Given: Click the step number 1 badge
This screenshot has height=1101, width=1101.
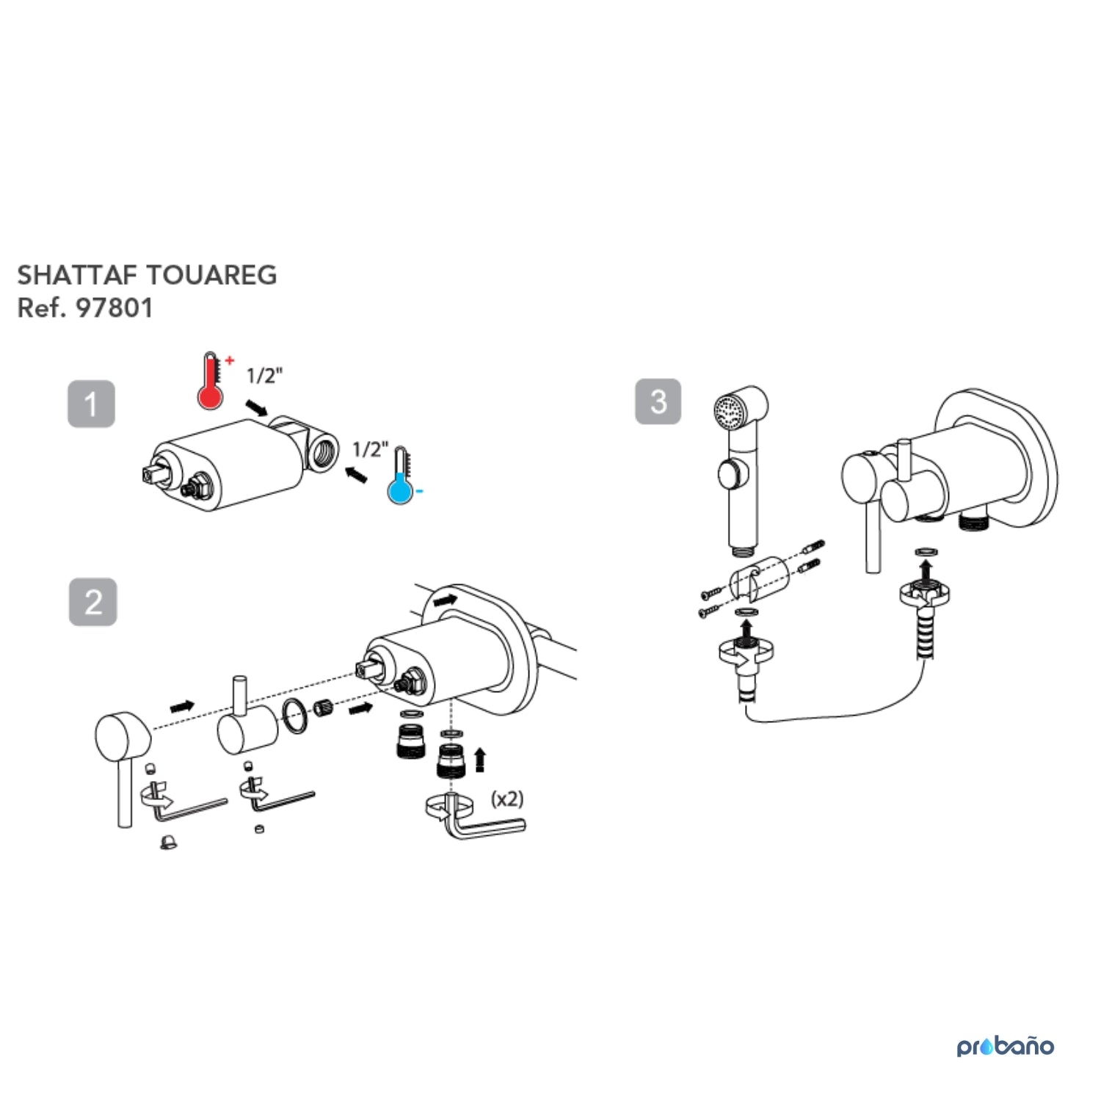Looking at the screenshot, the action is [91, 404].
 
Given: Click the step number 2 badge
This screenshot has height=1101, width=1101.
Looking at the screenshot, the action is [92, 602].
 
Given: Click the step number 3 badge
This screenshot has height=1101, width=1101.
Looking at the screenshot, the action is [658, 401].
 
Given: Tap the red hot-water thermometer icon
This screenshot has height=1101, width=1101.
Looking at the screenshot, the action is [211, 381].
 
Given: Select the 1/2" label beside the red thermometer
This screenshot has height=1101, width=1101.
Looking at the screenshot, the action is [264, 376].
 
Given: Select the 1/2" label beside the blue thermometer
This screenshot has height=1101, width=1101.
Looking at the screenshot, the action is [371, 449].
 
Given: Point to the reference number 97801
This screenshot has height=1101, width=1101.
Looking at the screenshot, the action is [115, 308].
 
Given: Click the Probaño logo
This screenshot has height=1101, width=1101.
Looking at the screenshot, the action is [1005, 1045].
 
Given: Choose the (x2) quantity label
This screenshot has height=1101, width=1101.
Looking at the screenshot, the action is [507, 799].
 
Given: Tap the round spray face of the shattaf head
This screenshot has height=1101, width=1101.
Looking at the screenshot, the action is [730, 410].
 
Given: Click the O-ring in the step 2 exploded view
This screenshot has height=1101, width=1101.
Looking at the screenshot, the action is [294, 716].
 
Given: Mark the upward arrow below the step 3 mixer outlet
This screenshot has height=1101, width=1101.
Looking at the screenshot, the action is [926, 570].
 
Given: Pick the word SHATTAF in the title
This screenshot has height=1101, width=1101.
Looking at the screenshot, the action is [77, 275].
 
